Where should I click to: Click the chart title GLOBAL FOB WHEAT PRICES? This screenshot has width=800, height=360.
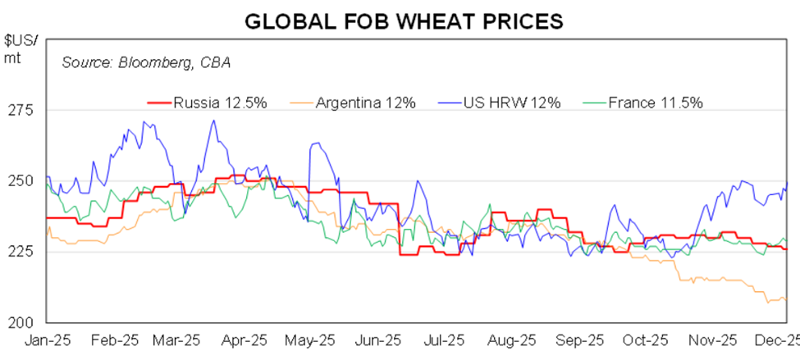404,21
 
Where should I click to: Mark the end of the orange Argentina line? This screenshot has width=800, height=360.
786,299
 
